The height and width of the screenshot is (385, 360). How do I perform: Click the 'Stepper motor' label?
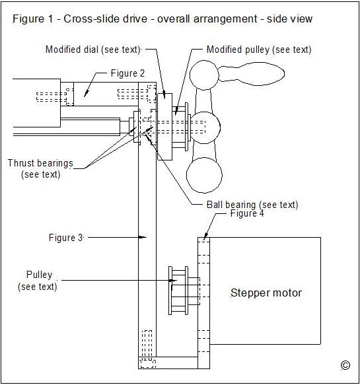266,293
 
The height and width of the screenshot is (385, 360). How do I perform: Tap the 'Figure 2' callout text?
127,73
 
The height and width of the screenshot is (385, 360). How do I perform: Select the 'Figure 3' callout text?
65,238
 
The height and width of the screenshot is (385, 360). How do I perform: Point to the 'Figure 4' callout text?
247,213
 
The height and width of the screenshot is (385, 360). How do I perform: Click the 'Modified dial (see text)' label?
92,50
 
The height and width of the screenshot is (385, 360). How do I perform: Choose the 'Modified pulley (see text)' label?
259,50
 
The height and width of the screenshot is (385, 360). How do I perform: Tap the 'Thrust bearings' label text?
40,163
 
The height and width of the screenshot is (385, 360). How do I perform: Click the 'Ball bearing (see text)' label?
252,204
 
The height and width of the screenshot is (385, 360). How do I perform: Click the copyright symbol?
345,365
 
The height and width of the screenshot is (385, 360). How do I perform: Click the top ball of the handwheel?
204,75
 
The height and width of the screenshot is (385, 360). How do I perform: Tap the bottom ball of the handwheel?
204,175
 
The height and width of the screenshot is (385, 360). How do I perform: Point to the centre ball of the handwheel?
204,127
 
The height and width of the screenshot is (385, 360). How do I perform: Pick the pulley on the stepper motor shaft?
178,291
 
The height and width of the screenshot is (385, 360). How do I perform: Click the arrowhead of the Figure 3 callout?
143,237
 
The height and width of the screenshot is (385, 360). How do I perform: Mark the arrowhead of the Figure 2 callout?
86,94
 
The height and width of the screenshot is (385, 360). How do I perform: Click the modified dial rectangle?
164,127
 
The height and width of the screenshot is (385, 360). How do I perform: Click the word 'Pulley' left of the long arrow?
39,275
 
